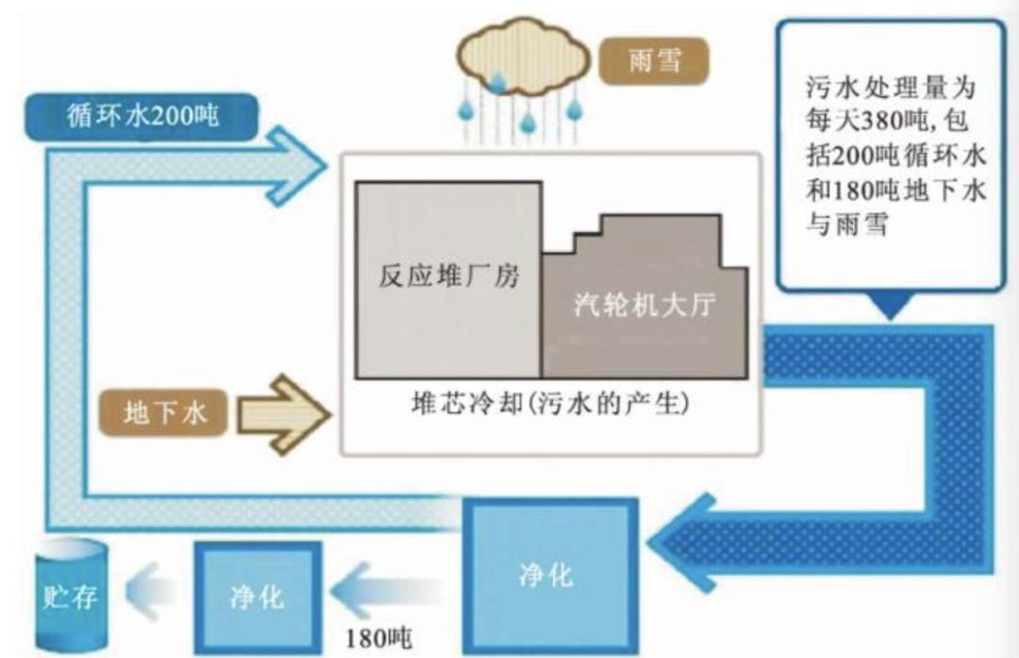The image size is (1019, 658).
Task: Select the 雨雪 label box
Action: click(x=654, y=62)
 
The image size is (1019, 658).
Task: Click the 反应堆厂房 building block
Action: click(x=448, y=277)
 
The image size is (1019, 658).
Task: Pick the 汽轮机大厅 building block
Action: click(x=645, y=306)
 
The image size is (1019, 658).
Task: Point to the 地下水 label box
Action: click(x=164, y=412)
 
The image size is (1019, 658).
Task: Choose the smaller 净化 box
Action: click(x=257, y=596)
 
